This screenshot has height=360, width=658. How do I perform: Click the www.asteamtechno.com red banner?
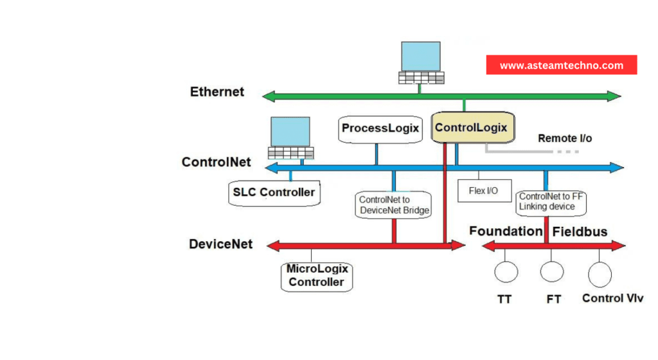point(561,65)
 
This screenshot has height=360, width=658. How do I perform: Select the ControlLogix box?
point(471,128)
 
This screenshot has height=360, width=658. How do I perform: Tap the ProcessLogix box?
point(380,129)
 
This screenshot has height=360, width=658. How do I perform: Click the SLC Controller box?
point(274,192)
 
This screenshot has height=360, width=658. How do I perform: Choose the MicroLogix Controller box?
point(317,276)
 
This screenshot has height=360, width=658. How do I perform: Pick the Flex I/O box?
point(485,190)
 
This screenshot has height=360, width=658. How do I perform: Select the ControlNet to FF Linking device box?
point(551,201)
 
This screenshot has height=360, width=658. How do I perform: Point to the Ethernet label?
point(217,92)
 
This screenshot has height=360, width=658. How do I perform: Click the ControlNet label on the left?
point(217,162)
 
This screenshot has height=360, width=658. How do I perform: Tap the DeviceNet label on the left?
point(220,244)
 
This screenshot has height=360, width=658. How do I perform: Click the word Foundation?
point(506,231)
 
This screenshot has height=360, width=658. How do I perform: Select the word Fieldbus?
point(580,231)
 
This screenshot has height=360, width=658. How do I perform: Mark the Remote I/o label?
point(565,138)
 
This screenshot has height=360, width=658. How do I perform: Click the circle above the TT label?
point(506,271)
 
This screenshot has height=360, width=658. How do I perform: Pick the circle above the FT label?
point(552,271)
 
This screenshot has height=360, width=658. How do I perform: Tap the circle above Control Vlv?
point(600,274)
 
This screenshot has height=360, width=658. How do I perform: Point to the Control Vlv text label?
point(612,298)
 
